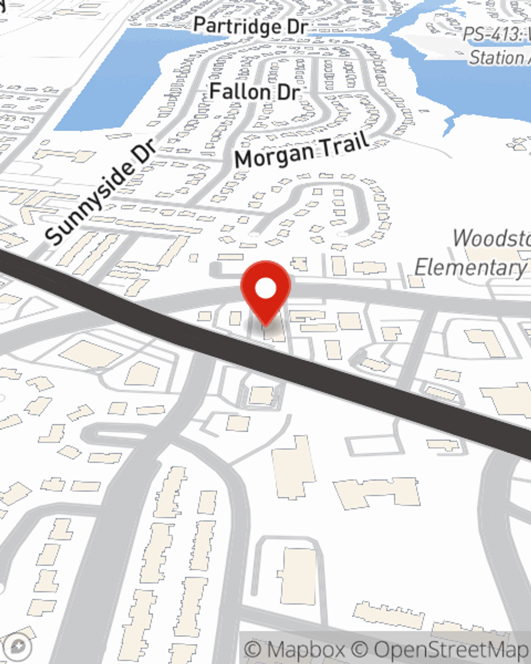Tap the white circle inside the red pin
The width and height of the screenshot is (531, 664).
[x=266, y=289]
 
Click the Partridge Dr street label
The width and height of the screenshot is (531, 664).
[x=250, y=26]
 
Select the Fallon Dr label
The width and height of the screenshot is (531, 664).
[x=255, y=92]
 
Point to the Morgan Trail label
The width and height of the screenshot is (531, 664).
[x=302, y=150]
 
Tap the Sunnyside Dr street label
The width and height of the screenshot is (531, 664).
[x=101, y=191]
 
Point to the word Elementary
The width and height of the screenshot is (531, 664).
[x=470, y=267]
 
